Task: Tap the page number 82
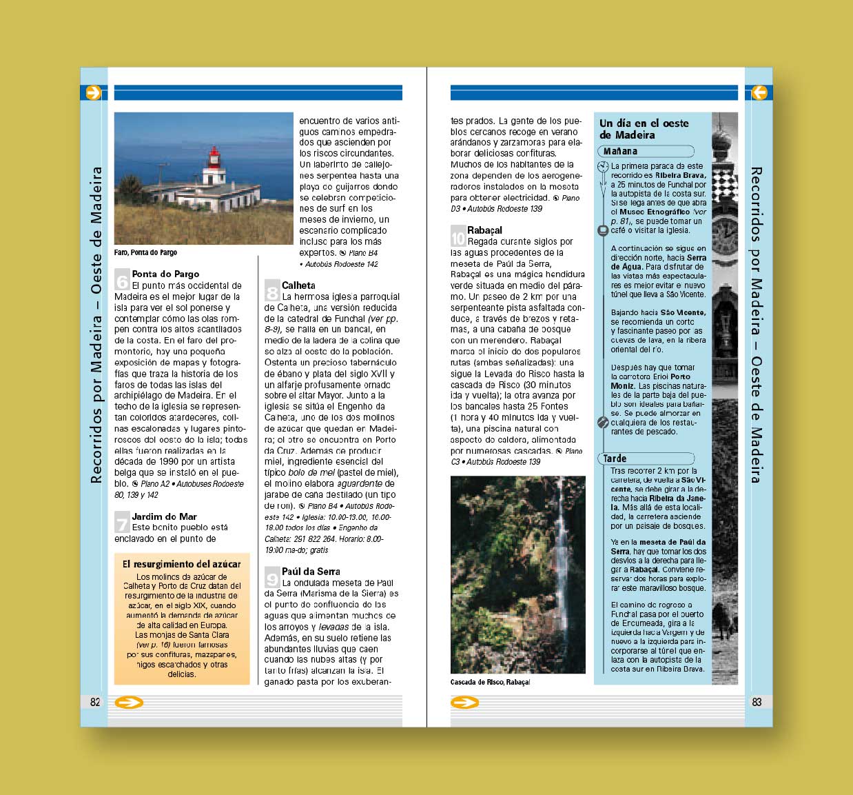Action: pos(95,702)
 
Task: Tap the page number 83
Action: pos(757,702)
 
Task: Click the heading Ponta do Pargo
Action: pos(165,274)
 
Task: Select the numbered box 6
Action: pos(122,281)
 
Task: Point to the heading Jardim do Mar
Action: pos(164,516)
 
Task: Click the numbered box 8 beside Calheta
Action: pos(272,292)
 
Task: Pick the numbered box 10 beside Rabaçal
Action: pos(458,238)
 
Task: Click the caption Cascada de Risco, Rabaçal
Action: pos(490,682)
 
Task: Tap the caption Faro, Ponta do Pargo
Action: pos(145,252)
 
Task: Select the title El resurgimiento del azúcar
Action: pos(181,564)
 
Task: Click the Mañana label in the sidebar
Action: pos(620,151)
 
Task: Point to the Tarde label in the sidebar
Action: pos(615,459)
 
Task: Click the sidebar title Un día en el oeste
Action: pos(644,123)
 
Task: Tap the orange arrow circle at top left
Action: pos(93,92)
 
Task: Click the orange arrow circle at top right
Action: pos(759,92)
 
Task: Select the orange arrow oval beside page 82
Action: pos(129,703)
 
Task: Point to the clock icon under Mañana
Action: pos(603,166)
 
